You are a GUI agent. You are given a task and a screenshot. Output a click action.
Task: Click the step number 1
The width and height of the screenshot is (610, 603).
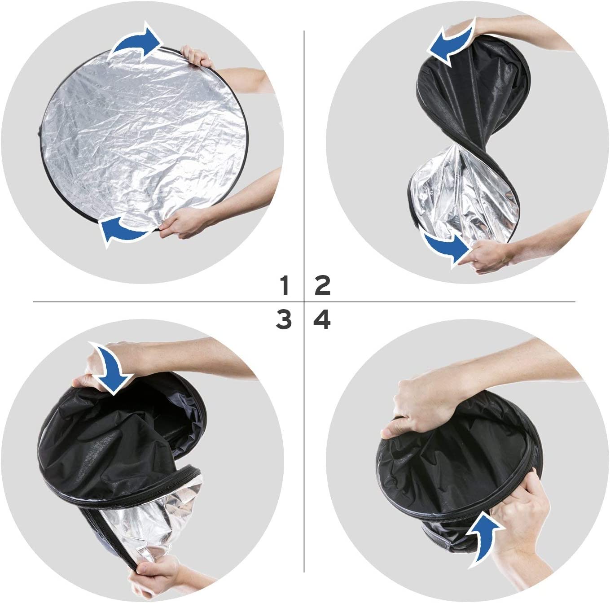point(284,285)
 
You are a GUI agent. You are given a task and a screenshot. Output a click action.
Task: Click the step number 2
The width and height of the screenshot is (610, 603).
point(323,285)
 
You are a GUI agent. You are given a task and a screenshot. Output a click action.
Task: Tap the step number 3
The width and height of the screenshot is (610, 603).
point(284,320)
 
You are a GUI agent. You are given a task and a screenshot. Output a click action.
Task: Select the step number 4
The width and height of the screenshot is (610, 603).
point(322,320)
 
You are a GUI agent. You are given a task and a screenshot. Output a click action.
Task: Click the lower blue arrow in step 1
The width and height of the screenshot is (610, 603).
point(123,230)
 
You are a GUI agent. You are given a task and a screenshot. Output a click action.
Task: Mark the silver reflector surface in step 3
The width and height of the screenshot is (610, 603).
point(148,529)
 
